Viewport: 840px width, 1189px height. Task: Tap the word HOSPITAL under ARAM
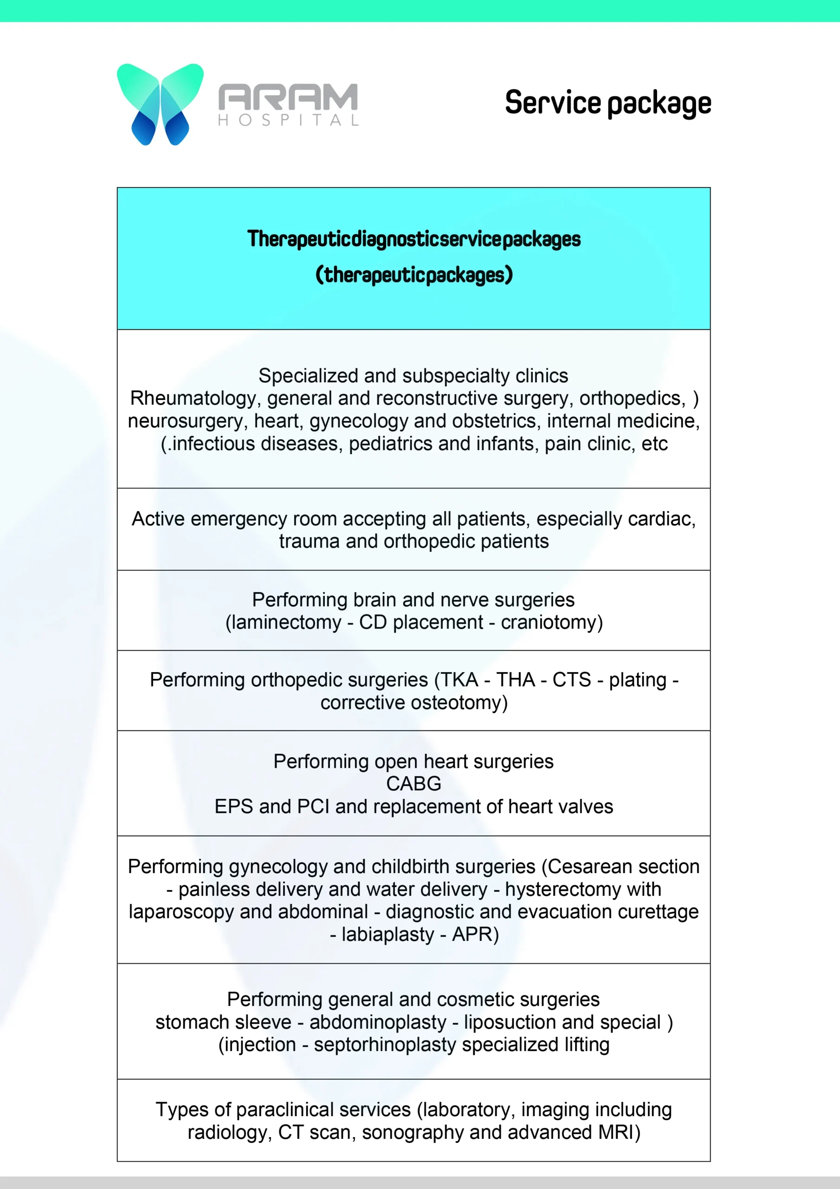[x=288, y=121]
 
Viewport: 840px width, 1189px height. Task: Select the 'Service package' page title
[x=608, y=103]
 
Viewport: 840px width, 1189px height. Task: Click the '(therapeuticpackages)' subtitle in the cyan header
[x=414, y=274]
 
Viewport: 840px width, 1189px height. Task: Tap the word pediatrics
[x=391, y=444]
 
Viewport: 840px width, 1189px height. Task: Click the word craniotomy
[x=549, y=622]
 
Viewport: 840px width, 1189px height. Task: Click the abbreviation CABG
[x=414, y=784]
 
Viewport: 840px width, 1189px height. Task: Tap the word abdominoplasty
[x=378, y=1023]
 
